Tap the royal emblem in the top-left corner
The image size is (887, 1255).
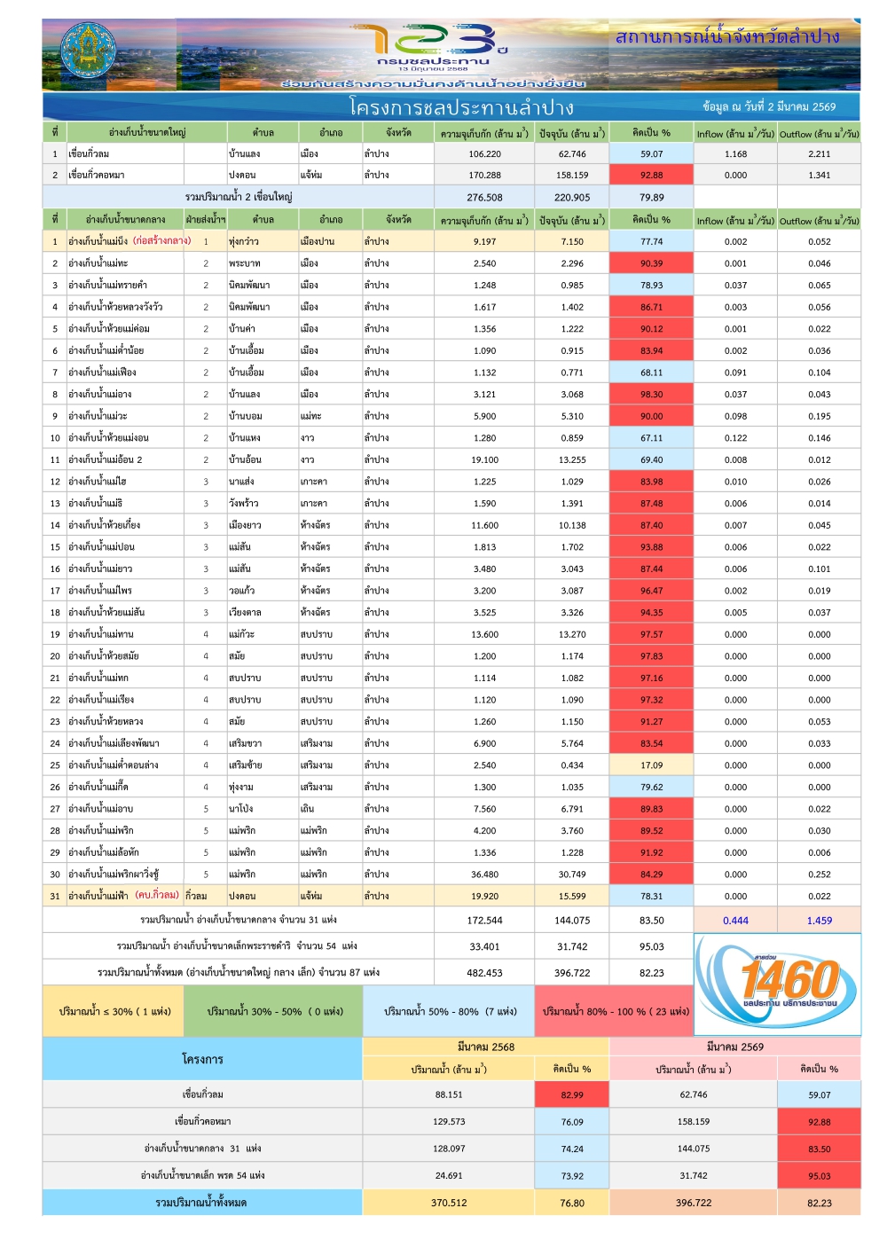tap(88, 54)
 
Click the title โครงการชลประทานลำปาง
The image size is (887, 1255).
tap(461, 108)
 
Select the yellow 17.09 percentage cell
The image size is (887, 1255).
tap(651, 765)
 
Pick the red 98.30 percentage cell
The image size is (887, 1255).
tap(651, 395)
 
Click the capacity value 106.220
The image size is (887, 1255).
tap(484, 154)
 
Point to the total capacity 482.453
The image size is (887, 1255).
tap(484, 973)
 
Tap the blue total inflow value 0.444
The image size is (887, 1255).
tap(735, 921)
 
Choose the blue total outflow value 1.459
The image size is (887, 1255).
tap(820, 921)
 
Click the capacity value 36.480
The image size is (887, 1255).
tap(484, 875)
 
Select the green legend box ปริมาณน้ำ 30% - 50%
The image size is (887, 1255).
tap(273, 1012)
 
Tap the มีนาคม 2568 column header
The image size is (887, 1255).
tap(486, 1047)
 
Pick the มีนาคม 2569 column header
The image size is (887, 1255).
tap(734, 1047)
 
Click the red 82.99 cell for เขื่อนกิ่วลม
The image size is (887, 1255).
tap(572, 1095)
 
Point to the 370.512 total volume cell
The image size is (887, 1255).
tap(449, 1204)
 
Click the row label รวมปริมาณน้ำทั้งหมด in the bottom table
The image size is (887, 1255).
tap(201, 1204)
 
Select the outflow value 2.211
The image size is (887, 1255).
tap(820, 154)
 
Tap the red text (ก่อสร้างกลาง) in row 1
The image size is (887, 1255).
tap(162, 241)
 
